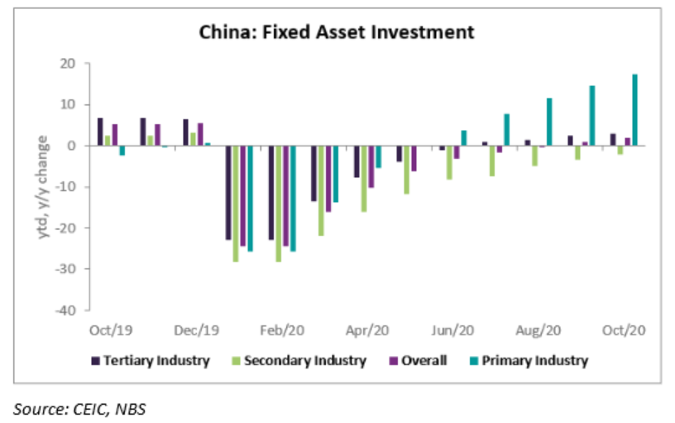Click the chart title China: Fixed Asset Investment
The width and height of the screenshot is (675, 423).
tap(336, 32)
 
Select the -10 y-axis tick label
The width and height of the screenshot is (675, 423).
tap(65, 187)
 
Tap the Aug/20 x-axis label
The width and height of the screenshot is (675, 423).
tap(539, 330)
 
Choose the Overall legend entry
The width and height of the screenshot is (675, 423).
tap(424, 360)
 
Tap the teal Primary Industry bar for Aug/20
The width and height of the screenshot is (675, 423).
tap(549, 122)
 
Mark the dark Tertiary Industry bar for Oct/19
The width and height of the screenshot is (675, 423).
tap(100, 132)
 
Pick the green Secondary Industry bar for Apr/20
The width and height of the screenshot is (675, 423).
tap(364, 179)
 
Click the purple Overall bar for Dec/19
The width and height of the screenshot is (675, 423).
tap(200, 135)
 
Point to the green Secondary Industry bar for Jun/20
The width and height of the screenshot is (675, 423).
tap(449, 162)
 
